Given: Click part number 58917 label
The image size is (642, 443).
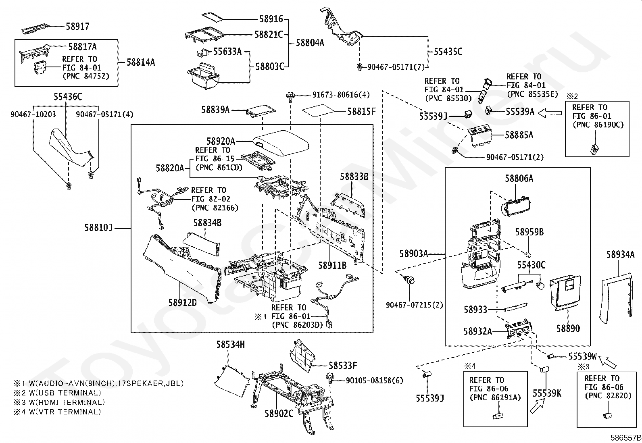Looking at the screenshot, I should (77, 27).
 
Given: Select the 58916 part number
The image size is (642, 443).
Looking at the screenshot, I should (271, 19).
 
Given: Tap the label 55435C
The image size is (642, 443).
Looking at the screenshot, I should (448, 52).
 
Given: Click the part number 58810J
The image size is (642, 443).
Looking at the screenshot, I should (98, 228).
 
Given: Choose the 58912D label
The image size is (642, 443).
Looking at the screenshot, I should (182, 302).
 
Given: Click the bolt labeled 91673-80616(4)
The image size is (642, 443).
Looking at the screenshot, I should (290, 96).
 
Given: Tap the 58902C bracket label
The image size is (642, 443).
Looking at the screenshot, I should (279, 413).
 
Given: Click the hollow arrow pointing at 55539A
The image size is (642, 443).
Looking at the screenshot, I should (550, 112).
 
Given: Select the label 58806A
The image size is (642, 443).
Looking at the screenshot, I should (519, 178).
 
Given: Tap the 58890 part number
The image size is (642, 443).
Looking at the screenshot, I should (568, 328).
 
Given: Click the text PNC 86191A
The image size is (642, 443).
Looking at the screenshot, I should (496, 397).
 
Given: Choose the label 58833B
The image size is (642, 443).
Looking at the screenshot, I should (354, 177).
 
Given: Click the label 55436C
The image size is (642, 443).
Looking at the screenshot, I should (68, 97).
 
